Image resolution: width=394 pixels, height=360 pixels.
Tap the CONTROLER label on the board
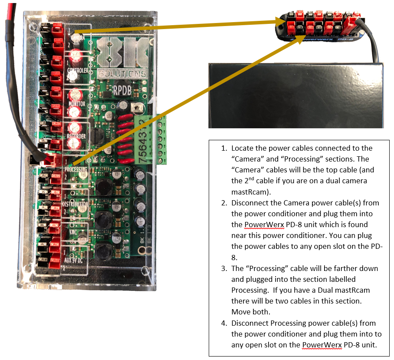tap(79, 71)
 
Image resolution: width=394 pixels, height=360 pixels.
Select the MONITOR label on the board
tap(77, 104)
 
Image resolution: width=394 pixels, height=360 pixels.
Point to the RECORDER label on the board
tap(76, 136)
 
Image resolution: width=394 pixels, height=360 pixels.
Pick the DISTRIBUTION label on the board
tap(75, 204)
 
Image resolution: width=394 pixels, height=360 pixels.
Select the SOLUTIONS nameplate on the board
tap(122, 74)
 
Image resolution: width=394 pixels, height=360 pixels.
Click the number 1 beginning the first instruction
tap(223, 149)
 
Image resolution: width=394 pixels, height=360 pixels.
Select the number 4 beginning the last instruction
tap(223, 323)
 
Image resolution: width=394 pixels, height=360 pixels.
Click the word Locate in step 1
tap(242, 149)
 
